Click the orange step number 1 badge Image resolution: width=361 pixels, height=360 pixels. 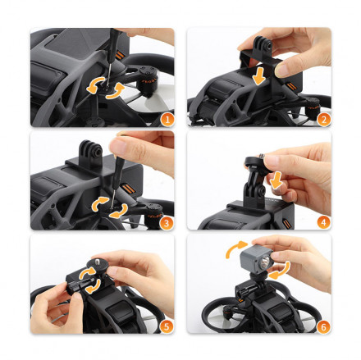pyautogui.click(x=167, y=120)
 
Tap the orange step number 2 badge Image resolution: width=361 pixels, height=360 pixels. pyautogui.click(x=324, y=120)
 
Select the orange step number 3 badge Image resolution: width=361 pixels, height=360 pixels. pyautogui.click(x=166, y=223)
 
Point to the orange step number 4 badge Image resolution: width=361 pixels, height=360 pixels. pyautogui.click(x=324, y=222)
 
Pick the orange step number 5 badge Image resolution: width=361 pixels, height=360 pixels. pyautogui.click(x=167, y=326)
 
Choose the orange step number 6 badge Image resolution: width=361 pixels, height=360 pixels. pyautogui.click(x=323, y=326)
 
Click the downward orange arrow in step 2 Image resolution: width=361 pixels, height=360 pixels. pyautogui.click(x=258, y=75)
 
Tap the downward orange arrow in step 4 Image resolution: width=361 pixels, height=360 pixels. pyautogui.click(x=276, y=180)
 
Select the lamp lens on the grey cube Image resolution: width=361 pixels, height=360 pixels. pyautogui.click(x=264, y=262)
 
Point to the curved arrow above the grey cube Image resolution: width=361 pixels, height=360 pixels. pyautogui.click(x=235, y=248)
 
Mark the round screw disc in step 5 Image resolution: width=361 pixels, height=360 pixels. pyautogui.click(x=95, y=265)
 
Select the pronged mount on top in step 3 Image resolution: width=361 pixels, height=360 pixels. pyautogui.click(x=91, y=153)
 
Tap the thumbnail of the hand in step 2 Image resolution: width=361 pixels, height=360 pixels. pyautogui.click(x=282, y=71)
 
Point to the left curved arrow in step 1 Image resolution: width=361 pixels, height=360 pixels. pyautogui.click(x=94, y=85)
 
